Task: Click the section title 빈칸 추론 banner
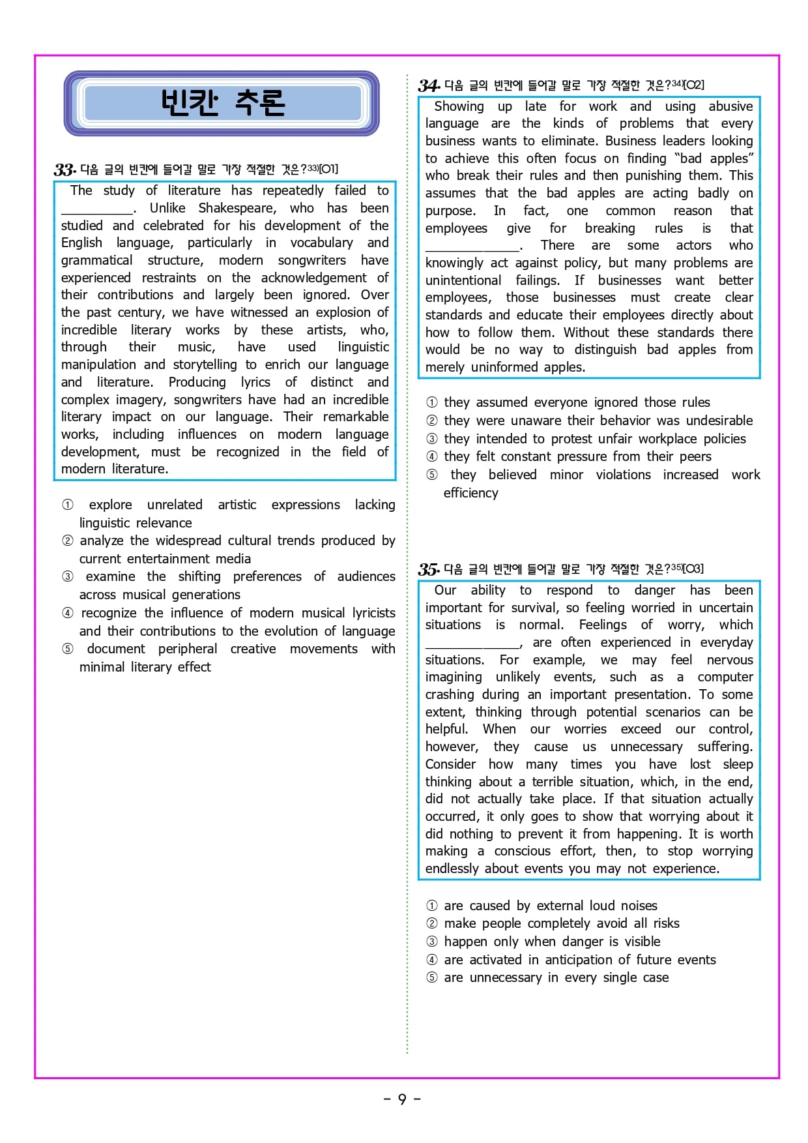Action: click(222, 103)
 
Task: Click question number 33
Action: click(65, 170)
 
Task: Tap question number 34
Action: click(429, 85)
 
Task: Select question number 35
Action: click(429, 569)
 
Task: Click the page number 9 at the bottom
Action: click(402, 1099)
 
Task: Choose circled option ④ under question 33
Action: click(68, 613)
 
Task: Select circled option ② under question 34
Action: click(432, 421)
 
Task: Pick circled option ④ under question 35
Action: click(432, 960)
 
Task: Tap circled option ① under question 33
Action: click(68, 505)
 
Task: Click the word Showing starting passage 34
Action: click(459, 106)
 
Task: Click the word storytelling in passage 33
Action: click(205, 364)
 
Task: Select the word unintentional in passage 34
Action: click(463, 280)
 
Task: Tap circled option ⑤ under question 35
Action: click(432, 977)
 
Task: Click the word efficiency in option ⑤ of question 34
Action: click(470, 493)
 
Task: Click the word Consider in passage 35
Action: click(450, 764)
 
